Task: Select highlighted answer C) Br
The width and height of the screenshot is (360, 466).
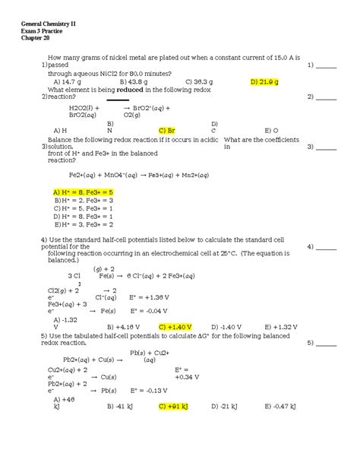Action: [x=168, y=130]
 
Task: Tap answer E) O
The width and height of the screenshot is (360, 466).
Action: [x=271, y=130]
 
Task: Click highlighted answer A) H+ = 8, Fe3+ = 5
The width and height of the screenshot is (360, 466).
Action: [x=84, y=192]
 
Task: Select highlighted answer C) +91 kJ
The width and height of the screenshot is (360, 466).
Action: [x=177, y=407]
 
